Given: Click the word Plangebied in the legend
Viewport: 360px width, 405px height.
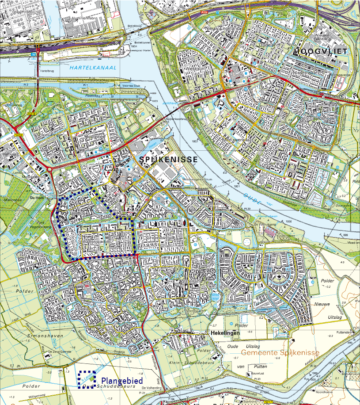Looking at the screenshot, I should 121,380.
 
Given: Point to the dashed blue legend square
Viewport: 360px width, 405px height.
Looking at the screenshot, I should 87,379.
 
